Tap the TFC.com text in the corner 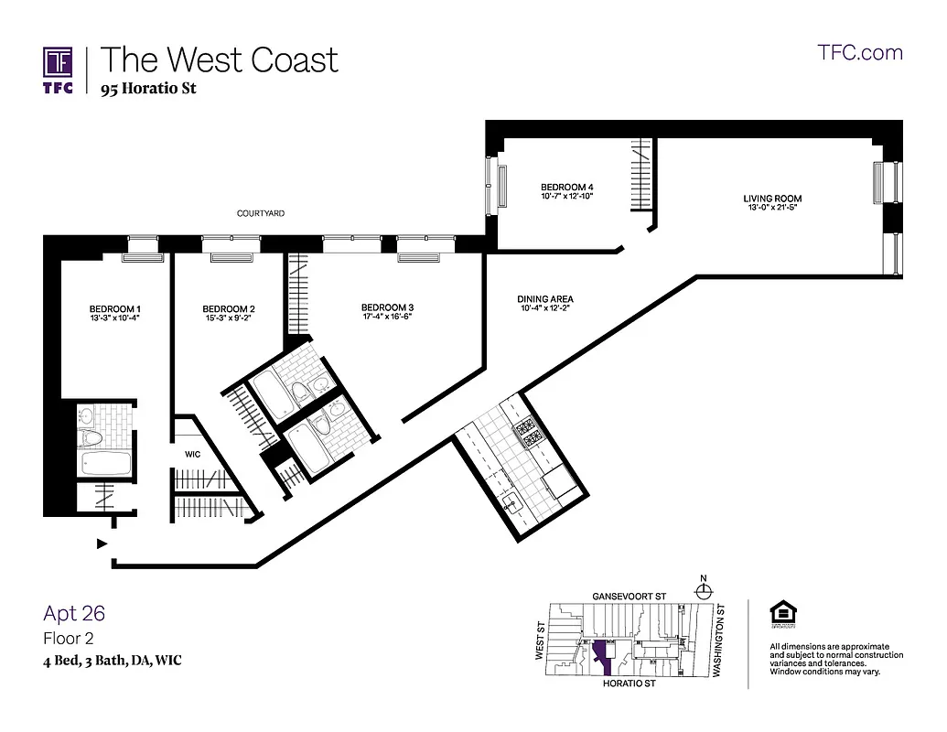point(859,52)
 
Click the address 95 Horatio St point(148,89)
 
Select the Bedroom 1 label point(114,309)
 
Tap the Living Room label point(772,199)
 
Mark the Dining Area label point(545,299)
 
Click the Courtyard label point(261,213)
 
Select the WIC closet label point(192,454)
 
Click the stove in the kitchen point(528,432)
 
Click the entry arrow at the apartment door point(102,544)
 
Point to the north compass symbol point(703,590)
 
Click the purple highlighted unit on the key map point(600,653)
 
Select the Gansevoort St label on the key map point(629,596)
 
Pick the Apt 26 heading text point(74,613)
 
